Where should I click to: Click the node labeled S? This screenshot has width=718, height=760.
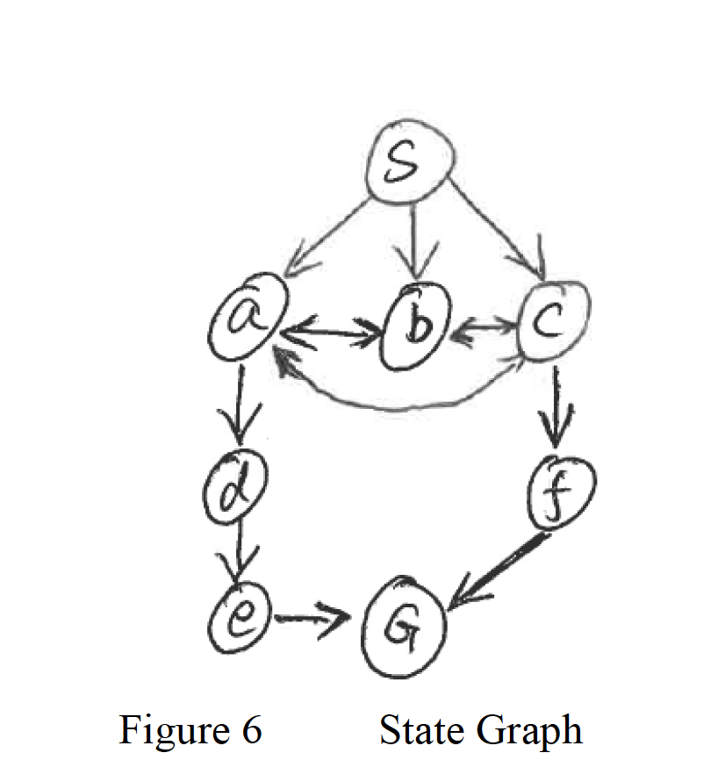pyautogui.click(x=410, y=168)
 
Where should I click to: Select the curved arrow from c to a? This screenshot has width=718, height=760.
pyautogui.click(x=395, y=400)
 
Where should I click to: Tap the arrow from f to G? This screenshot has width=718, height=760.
pyautogui.click(x=496, y=571)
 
